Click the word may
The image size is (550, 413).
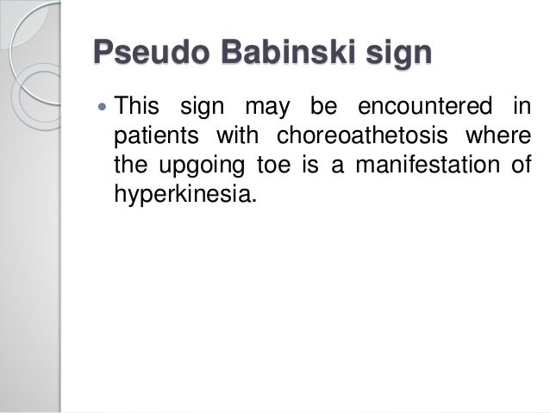[264, 110]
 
